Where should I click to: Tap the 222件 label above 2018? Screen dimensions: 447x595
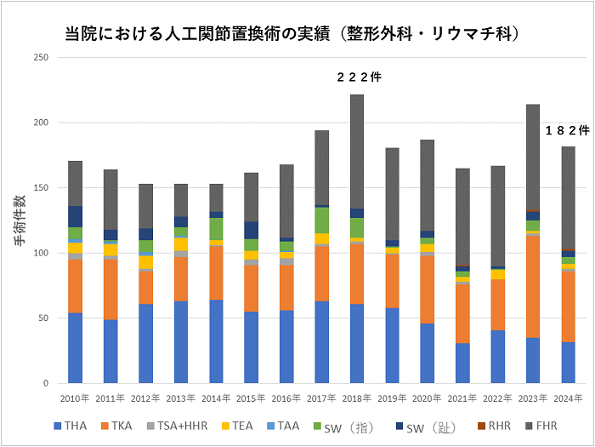[x=359, y=77]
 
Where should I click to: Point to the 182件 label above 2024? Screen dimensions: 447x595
[x=567, y=130]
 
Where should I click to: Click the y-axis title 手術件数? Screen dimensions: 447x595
[x=20, y=221]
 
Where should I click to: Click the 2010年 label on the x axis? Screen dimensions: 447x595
[x=76, y=398]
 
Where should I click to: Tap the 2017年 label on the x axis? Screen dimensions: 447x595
[x=322, y=398]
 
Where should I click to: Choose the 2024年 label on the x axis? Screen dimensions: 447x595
[x=568, y=398]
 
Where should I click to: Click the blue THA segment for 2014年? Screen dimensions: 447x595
[x=216, y=341]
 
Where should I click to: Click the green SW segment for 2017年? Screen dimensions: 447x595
[x=322, y=220]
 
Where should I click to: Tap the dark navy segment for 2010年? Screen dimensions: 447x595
[x=76, y=216]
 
